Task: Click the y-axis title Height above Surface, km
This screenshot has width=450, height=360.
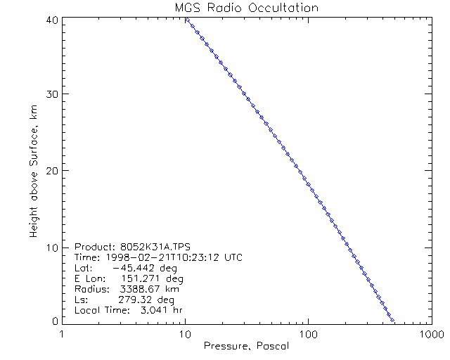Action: (x=33, y=171)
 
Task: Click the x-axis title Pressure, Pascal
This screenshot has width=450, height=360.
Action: (x=245, y=346)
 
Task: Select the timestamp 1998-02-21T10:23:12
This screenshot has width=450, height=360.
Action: (x=163, y=258)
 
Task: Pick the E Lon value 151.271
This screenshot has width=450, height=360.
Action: (x=136, y=278)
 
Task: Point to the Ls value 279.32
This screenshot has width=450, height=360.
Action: (x=136, y=300)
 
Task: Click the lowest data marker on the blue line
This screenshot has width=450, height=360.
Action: (x=392, y=320)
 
